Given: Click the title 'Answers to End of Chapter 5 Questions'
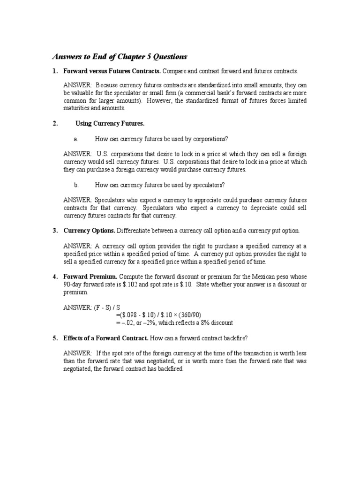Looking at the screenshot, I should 119,57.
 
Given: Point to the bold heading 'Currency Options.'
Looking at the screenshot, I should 89,231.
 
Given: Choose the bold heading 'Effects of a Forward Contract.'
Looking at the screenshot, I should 105,337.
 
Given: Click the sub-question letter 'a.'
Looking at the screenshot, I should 75,139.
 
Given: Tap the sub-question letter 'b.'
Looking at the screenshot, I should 75,185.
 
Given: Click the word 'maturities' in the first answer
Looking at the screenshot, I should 76,108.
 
